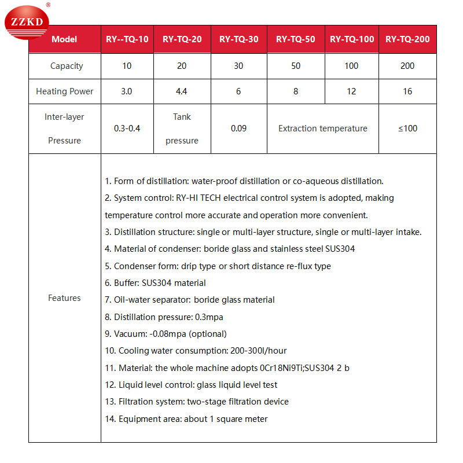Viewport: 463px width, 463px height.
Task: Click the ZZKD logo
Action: click(x=27, y=23)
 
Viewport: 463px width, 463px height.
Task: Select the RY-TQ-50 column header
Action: click(x=295, y=39)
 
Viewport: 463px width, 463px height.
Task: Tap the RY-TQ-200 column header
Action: click(x=407, y=39)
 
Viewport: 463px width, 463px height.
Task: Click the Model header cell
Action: click(x=64, y=39)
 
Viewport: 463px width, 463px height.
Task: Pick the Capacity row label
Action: click(x=67, y=66)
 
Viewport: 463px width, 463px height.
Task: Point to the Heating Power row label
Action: click(x=64, y=91)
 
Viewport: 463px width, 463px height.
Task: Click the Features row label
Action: click(x=64, y=298)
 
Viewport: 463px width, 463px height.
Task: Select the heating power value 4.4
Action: click(x=182, y=91)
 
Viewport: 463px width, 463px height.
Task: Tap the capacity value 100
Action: click(x=351, y=66)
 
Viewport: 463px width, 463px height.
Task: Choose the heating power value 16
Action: click(x=407, y=91)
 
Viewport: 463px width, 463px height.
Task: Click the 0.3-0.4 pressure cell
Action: click(x=127, y=128)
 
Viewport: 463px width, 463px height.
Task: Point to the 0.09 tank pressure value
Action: click(x=238, y=128)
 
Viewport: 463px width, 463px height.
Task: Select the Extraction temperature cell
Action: click(x=322, y=128)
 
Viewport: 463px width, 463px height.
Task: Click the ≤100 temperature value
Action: click(x=407, y=128)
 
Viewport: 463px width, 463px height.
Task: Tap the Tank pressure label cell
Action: click(x=182, y=128)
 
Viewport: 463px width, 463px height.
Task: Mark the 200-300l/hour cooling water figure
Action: click(x=252, y=351)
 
